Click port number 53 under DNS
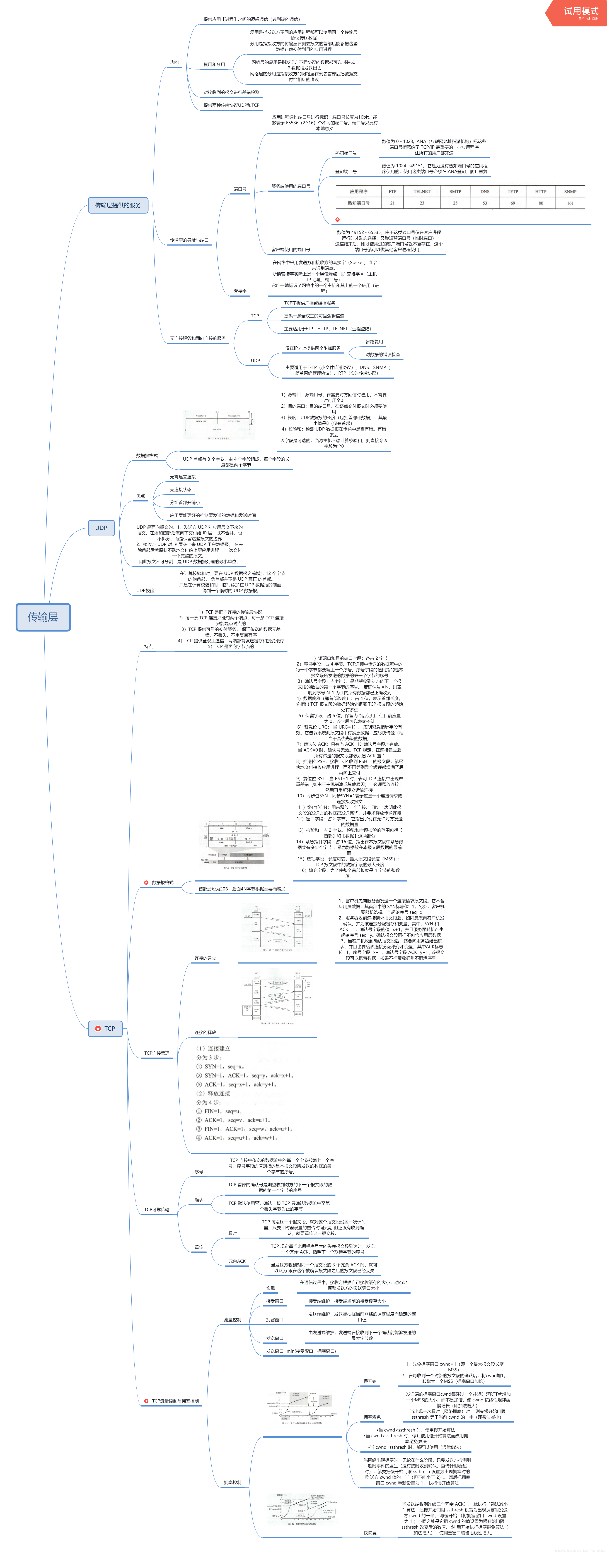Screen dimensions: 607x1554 pos(485,203)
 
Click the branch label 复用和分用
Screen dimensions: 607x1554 pos(214,64)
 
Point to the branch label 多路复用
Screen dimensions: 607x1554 pos(374,342)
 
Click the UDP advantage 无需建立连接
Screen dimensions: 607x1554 pos(183,477)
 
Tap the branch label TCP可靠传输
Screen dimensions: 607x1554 pos(157,1210)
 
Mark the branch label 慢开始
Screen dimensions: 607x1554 pos(370,1381)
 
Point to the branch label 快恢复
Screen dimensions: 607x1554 pos(370,1532)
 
